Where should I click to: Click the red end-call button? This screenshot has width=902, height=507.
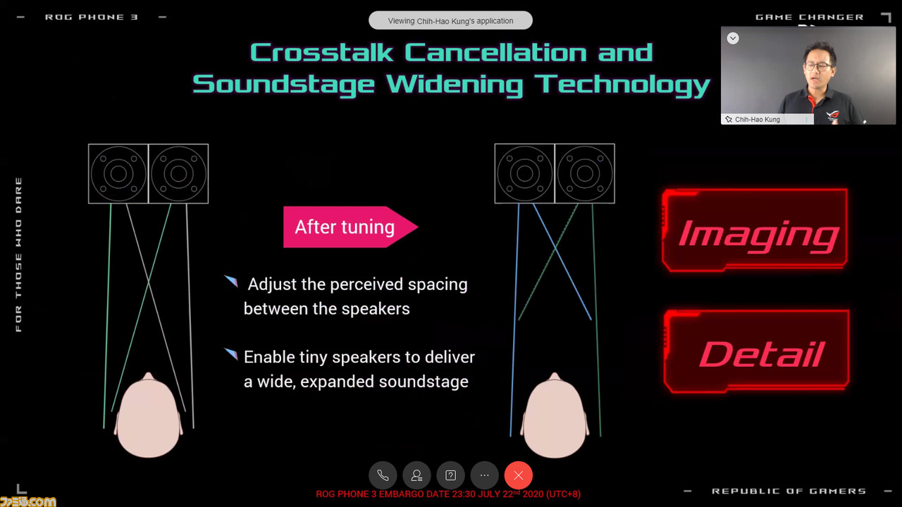click(518, 475)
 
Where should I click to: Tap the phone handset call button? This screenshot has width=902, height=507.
click(383, 475)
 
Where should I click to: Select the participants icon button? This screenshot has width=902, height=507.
click(416, 475)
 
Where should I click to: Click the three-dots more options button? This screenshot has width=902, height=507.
click(484, 475)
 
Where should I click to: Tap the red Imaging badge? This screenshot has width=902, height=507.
click(755, 230)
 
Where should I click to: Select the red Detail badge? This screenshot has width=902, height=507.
click(757, 351)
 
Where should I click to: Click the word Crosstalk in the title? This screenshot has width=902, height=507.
click(321, 53)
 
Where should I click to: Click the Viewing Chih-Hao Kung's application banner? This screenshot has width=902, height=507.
click(450, 20)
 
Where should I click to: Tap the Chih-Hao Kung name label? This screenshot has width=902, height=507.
click(757, 120)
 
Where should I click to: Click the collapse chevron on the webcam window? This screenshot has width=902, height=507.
click(733, 38)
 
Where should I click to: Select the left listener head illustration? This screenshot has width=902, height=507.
click(148, 415)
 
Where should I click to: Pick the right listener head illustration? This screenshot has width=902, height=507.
click(555, 415)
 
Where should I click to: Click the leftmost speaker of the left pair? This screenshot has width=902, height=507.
click(118, 174)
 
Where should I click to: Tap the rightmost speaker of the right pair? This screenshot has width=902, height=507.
click(585, 174)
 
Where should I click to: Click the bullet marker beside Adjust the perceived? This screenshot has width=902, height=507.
click(231, 281)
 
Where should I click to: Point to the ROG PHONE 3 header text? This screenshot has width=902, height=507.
click(92, 18)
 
